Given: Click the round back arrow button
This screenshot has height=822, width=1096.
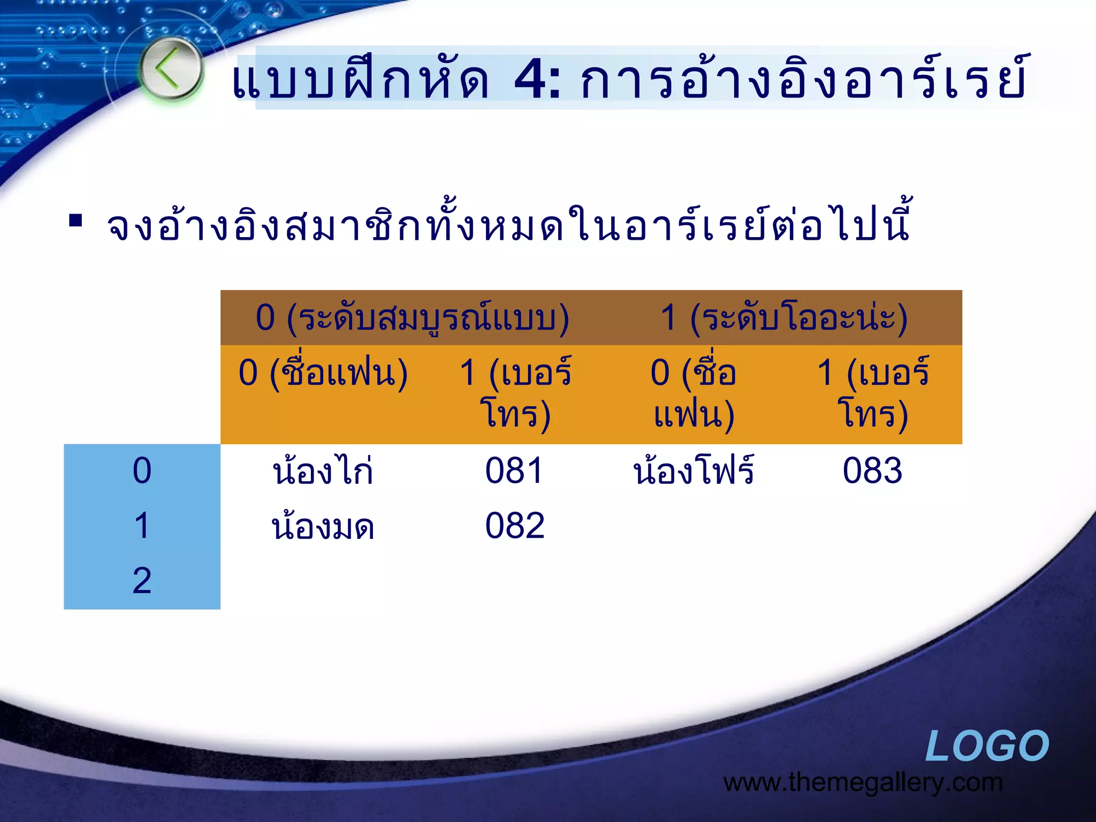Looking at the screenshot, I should (170, 68).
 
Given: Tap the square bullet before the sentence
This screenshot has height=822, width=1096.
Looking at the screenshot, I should (75, 220).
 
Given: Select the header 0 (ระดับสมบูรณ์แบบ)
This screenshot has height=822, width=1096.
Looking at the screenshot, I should (412, 318).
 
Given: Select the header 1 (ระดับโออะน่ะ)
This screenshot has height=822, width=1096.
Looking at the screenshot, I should (784, 318).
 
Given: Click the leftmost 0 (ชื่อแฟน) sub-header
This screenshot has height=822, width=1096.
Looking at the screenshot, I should (323, 373).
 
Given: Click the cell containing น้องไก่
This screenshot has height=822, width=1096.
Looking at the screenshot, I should (323, 471).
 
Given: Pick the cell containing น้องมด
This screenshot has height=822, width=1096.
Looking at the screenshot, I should (323, 527).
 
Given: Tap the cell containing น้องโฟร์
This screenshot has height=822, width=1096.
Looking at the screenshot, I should (694, 471).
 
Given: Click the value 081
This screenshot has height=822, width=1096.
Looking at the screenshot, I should (514, 471).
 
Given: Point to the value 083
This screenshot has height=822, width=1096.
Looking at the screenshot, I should (872, 471).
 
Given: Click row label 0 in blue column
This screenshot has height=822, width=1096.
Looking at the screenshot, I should (142, 471).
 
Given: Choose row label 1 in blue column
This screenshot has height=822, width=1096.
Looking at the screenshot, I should (142, 526).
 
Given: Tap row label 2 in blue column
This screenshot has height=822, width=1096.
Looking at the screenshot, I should (142, 581).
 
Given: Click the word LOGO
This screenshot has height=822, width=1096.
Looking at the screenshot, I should (987, 746).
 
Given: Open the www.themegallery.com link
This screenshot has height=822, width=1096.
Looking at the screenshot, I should (863, 783).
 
